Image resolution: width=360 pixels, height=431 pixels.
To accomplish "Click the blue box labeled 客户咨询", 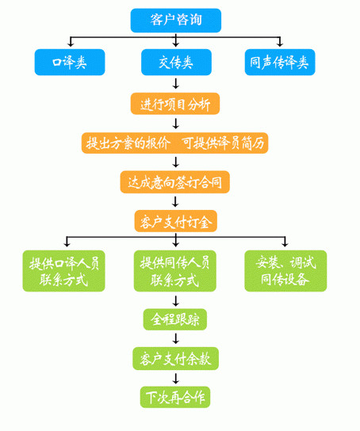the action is coord(176,21).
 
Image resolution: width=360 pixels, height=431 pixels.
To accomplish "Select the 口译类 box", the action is coord(70,62).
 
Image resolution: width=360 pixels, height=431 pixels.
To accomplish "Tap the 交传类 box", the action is coord(176,62).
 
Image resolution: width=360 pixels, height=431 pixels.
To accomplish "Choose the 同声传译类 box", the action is coord(280,62).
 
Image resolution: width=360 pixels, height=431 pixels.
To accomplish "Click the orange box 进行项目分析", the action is coord(175,104).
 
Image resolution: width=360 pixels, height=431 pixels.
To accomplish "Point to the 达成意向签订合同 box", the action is coord(175,182).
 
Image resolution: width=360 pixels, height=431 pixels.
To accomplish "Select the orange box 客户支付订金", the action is coord(176,221).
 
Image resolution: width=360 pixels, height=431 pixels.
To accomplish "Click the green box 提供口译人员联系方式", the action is coord(63,271).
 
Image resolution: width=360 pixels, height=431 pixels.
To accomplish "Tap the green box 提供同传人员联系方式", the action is coord(175,271).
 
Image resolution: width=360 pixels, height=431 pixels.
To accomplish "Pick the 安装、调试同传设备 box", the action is coord(285,271).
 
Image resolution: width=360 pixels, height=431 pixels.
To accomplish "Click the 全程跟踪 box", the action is coord(175,319).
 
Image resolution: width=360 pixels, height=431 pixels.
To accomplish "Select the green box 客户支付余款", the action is coord(175,359).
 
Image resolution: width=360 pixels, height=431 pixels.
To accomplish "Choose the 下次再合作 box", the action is coord(175,397).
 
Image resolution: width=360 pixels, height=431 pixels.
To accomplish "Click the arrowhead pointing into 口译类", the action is coord(71,44).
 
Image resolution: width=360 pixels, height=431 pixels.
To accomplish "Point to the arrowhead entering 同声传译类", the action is coord(280,44).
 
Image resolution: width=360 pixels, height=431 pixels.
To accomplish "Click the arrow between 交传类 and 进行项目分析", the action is coord(176,83).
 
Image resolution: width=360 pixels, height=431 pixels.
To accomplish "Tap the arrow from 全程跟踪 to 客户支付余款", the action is coord(176,338).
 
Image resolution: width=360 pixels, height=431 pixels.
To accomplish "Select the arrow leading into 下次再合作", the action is coord(176,378).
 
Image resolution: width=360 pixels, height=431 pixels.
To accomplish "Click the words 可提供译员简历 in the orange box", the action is coord(223,143).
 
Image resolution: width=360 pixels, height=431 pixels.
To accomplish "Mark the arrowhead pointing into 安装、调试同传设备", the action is coord(285,244).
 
